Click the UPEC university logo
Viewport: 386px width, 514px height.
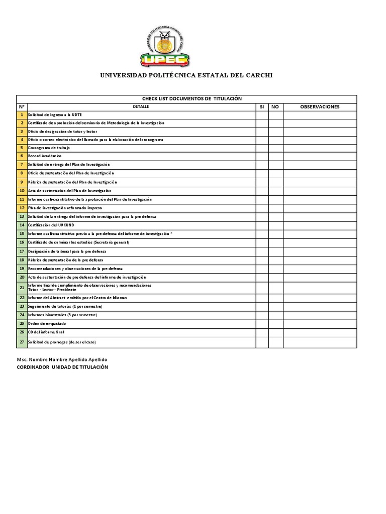point(165,48)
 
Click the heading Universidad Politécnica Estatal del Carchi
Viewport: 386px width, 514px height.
point(186,76)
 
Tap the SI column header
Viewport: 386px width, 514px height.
point(262,107)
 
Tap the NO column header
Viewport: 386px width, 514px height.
point(275,107)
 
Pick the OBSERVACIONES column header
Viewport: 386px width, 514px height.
point(320,107)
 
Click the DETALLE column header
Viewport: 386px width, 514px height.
point(141,107)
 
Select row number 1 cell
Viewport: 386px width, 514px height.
point(22,115)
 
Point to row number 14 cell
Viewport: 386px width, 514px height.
point(22,225)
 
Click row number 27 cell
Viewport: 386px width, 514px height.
point(22,342)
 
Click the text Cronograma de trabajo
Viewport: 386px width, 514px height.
point(49,148)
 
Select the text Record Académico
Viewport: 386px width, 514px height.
point(45,157)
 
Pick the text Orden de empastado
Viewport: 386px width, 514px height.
point(47,324)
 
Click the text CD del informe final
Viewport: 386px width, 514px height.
point(46,332)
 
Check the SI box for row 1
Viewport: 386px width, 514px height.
point(262,115)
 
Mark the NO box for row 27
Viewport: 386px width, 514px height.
point(275,342)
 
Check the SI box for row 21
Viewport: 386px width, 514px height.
point(262,288)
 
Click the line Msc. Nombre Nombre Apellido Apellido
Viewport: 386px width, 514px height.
point(62,360)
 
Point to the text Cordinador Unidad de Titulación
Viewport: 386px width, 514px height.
point(62,367)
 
